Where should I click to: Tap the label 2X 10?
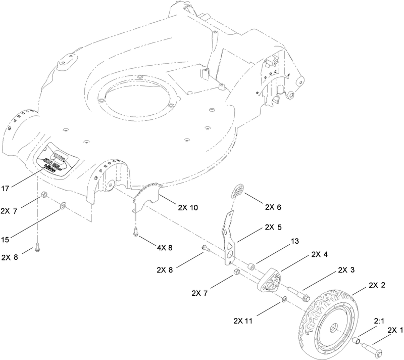188,207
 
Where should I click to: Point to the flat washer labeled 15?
63,205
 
